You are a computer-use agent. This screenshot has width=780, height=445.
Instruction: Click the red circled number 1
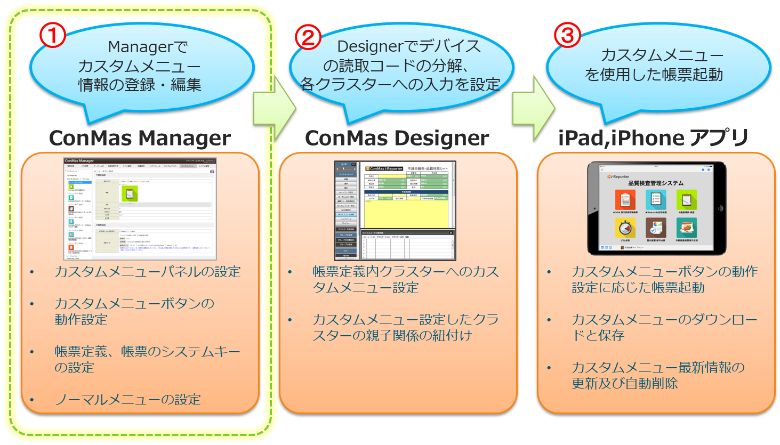[x=53, y=35]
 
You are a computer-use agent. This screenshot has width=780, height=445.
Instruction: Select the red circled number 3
[x=567, y=35]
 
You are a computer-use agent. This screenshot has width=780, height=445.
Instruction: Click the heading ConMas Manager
[x=140, y=139]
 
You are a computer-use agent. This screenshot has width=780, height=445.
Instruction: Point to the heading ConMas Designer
[x=397, y=139]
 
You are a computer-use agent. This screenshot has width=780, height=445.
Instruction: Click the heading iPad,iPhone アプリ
[x=654, y=139]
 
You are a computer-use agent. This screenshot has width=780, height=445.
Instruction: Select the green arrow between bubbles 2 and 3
[x=532, y=109]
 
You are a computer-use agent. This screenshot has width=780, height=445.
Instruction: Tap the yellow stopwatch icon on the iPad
[x=625, y=228]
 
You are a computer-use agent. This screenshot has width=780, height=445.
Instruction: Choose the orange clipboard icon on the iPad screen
[x=625, y=200]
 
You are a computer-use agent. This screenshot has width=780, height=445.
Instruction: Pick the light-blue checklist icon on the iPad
[x=656, y=200]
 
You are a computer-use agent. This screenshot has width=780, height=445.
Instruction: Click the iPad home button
[x=720, y=208]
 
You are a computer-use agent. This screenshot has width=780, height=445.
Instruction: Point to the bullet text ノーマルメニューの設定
[x=128, y=399]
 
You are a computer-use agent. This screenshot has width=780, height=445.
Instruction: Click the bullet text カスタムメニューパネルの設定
[x=148, y=272]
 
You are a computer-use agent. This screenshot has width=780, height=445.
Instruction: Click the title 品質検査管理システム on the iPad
[x=655, y=183]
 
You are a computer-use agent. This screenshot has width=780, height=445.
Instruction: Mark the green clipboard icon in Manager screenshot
[x=129, y=193]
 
